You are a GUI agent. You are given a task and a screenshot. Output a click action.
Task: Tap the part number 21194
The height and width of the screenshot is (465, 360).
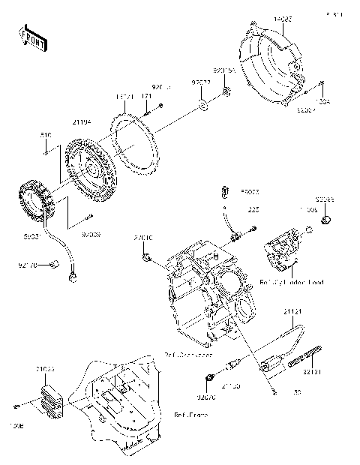(82, 121)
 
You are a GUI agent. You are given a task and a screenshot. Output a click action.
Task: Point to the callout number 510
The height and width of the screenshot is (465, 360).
(45, 135)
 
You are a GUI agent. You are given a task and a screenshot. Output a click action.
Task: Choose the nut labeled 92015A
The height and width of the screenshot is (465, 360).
(227, 94)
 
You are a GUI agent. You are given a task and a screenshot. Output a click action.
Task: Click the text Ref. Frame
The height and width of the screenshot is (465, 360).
(190, 414)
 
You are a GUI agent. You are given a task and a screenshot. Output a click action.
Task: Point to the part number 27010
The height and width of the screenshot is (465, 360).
(144, 238)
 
